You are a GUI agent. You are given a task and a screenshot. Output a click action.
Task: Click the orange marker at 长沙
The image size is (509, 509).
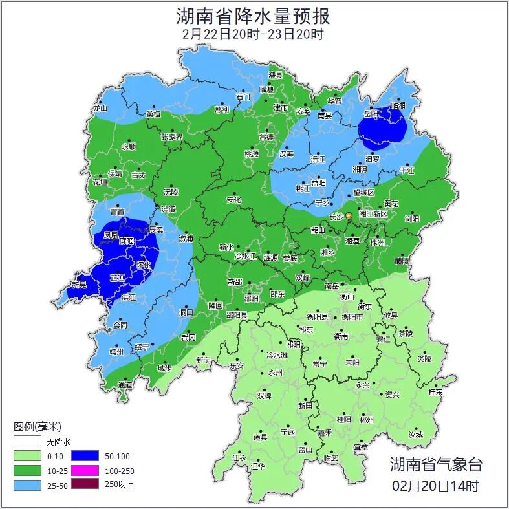pyautogui.click(x=349, y=215)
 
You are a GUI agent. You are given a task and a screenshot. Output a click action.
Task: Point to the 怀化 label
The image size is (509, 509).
pyautogui.click(x=144, y=265)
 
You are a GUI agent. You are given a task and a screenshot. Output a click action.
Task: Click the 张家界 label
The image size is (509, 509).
pyautogui.click(x=172, y=136)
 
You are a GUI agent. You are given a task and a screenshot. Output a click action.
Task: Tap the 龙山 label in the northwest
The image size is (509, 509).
pyautogui.click(x=100, y=109)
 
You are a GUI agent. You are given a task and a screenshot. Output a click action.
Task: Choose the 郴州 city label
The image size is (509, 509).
pyautogui.click(x=367, y=420)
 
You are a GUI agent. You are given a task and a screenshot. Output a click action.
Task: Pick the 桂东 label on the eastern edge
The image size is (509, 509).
pyautogui.click(x=436, y=392)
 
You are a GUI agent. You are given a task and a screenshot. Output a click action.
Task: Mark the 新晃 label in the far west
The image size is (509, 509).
pyautogui.click(x=80, y=285)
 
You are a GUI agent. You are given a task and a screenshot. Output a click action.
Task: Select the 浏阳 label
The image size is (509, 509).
pyautogui.click(x=412, y=219)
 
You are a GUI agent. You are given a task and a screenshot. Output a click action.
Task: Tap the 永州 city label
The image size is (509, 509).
pyautogui.click(x=276, y=373)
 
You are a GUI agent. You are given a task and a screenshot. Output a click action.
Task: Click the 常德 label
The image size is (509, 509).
pyautogui.click(x=266, y=137)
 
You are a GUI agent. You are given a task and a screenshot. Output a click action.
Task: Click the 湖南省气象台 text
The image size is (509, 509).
pyautogui.click(x=436, y=464)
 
